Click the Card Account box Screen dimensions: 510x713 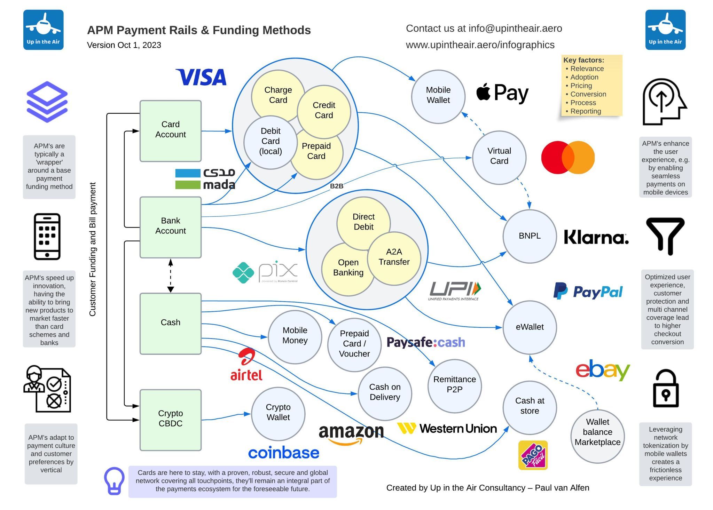170,131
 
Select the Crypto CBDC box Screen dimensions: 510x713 170,420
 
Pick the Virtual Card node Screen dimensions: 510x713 499,157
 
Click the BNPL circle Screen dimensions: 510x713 529,236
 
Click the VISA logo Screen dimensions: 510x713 202,77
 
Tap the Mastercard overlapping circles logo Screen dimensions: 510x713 567,157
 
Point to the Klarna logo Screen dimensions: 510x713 596,238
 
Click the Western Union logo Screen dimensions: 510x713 447,428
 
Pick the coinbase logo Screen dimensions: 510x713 283,453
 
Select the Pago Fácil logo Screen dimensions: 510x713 533,455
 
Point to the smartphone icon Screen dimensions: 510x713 47,237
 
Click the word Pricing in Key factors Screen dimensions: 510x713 581,86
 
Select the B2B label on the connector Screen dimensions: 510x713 336,186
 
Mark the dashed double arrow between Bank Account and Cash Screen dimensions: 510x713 171,276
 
